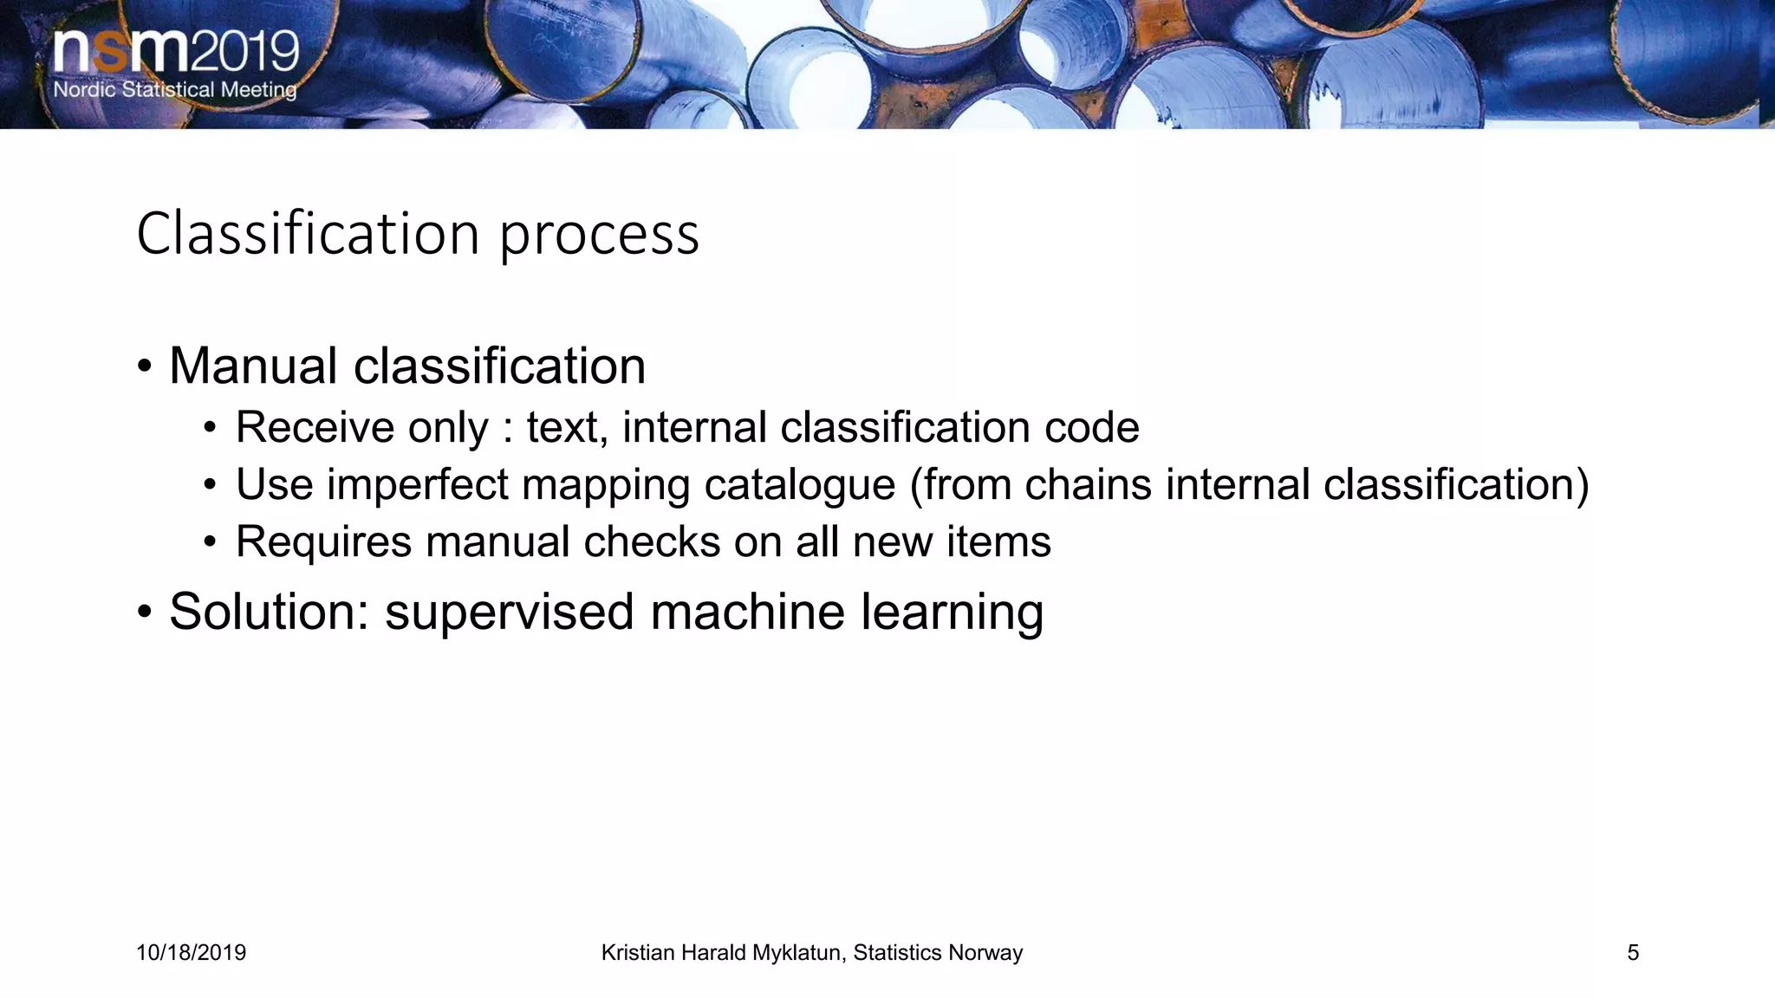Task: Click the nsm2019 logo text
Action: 176,52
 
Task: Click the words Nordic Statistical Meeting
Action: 174,89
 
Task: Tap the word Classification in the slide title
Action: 308,234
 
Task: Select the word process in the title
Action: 599,236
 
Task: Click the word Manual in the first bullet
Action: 252,366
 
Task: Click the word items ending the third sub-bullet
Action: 998,541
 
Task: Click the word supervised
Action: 510,612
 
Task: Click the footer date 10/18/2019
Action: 191,953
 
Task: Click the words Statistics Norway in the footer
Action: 938,953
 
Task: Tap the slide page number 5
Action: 1633,953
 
